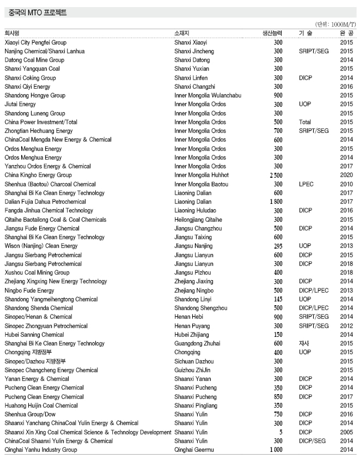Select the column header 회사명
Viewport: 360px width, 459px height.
(x=12, y=33)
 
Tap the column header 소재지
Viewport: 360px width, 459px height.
(x=182, y=33)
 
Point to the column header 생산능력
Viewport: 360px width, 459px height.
(x=272, y=33)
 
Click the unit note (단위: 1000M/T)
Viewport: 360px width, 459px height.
(x=335, y=25)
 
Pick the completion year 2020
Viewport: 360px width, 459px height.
(x=346, y=175)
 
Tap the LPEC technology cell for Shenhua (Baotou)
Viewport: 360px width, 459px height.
(x=306, y=184)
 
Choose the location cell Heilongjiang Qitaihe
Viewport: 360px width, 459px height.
(x=198, y=219)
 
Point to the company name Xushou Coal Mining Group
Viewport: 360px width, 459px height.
(x=37, y=273)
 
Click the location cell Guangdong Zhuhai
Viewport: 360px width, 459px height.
(x=197, y=343)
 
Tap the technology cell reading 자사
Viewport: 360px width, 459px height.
(x=304, y=343)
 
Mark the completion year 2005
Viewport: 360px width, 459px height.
(x=346, y=432)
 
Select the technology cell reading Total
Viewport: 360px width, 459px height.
(x=305, y=122)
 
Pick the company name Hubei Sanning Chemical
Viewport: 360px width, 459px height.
(x=34, y=335)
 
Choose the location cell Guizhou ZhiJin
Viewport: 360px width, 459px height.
(x=192, y=370)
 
